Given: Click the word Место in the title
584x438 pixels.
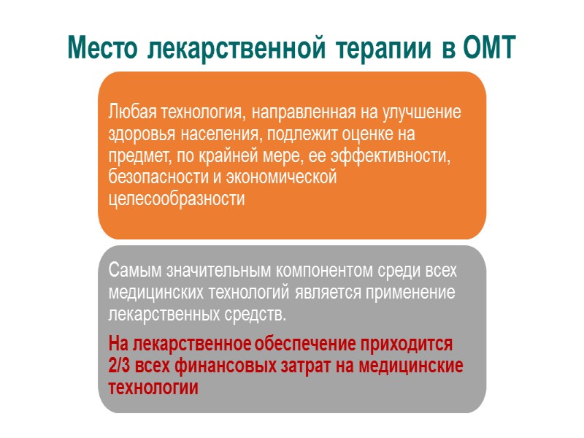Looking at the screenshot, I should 103,47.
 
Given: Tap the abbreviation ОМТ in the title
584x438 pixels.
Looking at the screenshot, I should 489,47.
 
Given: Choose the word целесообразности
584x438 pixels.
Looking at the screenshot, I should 176,199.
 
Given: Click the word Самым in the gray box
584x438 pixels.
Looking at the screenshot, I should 129,271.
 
